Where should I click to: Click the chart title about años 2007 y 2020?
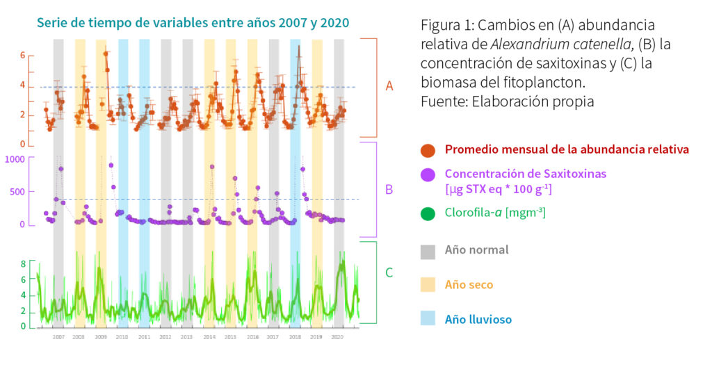click(x=193, y=23)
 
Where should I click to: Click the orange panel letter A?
click(x=389, y=86)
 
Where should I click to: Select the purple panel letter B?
click(x=389, y=189)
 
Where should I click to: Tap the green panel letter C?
click(x=389, y=272)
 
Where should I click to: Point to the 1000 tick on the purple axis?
click(x=15, y=158)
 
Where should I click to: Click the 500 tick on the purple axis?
click(x=18, y=192)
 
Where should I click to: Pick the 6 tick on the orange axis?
click(x=22, y=56)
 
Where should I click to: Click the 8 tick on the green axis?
click(x=22, y=264)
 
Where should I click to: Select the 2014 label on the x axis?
click(x=209, y=337)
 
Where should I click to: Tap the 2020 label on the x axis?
click(x=338, y=337)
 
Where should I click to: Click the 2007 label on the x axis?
click(x=58, y=337)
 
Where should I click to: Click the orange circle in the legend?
click(x=428, y=149)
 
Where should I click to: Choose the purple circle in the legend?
click(x=428, y=174)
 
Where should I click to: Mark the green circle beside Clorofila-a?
click(x=428, y=214)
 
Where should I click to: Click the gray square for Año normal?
click(x=428, y=249)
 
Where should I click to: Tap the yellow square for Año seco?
click(x=428, y=284)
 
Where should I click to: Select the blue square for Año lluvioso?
click(x=428, y=319)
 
